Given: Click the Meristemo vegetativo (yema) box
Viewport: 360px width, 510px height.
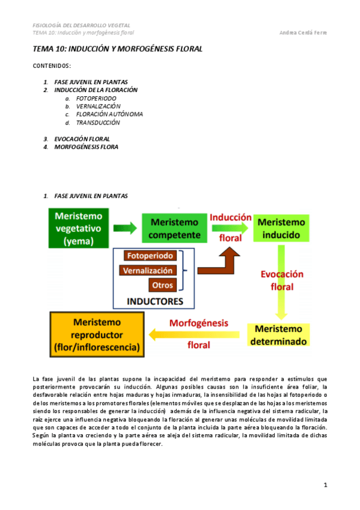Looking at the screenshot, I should pos(79,229).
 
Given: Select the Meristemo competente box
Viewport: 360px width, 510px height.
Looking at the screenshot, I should pos(175,229).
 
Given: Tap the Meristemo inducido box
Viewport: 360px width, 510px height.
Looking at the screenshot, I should pos(281,229).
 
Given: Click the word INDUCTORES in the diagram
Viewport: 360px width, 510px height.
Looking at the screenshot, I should pos(154,300).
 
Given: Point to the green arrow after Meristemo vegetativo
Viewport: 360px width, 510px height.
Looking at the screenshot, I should pos(125,229).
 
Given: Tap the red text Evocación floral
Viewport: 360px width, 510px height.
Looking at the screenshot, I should pos(282,280).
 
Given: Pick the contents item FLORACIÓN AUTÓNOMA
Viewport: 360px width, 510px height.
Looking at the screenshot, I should pos(109,114).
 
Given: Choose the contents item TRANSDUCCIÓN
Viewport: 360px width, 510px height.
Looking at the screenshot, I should pos(98,122).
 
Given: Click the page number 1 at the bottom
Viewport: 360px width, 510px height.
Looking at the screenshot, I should pos(325,485).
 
